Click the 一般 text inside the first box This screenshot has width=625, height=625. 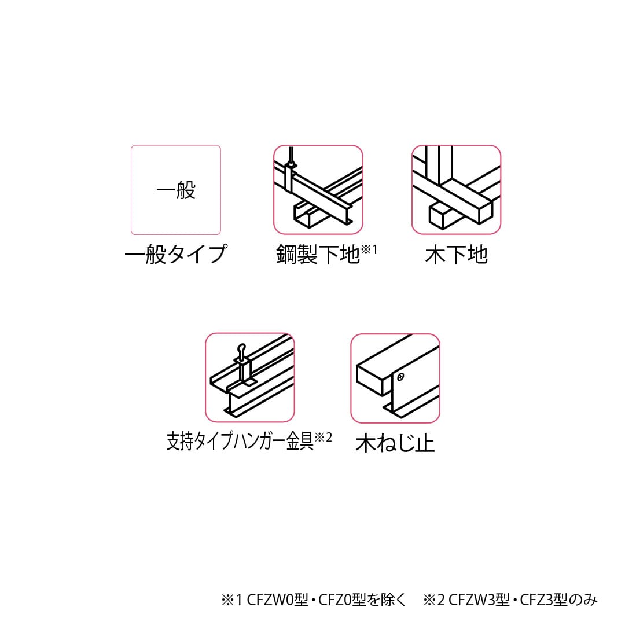coord(176,190)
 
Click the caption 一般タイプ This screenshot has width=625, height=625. coord(176,255)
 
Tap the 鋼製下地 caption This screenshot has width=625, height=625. coord(318,255)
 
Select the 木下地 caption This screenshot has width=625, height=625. coord(456,255)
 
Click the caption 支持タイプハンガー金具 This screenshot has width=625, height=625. coord(240,442)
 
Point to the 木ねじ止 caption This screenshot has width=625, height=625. coord(395,443)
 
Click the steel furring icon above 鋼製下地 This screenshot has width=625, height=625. coord(318,190)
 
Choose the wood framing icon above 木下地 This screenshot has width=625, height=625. coord(456,190)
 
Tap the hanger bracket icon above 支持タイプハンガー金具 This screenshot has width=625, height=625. coord(250,377)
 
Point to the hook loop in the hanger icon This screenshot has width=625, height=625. coord(243,349)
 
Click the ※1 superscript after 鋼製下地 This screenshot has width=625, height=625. coord(369,249)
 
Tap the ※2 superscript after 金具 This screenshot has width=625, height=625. coord(323,437)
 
